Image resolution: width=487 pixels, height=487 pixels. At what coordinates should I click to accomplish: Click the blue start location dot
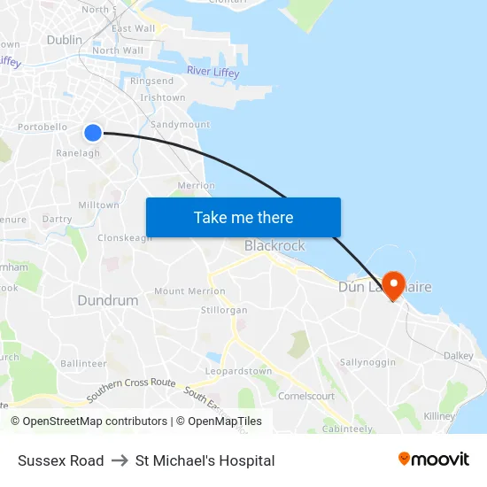click(93, 133)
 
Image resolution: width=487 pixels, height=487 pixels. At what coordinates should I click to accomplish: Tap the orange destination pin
click(393, 284)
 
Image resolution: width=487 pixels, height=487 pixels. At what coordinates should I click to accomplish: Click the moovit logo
click(433, 460)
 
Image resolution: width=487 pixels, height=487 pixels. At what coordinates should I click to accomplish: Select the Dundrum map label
click(108, 300)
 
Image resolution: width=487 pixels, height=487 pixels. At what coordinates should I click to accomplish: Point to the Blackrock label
click(274, 245)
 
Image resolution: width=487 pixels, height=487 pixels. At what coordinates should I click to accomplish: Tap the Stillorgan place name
click(224, 310)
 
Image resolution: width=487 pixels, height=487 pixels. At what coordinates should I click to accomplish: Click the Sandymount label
click(181, 125)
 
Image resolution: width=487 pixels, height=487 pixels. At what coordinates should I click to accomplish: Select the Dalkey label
click(459, 355)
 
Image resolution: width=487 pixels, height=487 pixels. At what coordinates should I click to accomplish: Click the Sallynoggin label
click(367, 362)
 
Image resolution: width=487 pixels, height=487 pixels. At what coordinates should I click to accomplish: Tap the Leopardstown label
click(239, 371)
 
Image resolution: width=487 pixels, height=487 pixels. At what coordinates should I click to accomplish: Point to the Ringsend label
click(152, 81)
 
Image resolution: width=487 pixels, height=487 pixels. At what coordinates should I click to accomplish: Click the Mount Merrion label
click(183, 290)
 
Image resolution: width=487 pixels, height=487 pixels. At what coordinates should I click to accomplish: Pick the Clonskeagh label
click(125, 237)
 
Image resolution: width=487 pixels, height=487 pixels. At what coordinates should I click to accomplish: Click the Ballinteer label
click(83, 363)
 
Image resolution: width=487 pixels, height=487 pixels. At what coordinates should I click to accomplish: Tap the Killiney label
click(439, 416)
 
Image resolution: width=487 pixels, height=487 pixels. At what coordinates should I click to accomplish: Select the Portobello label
click(43, 127)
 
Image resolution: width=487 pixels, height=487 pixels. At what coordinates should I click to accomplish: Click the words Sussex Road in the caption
click(60, 460)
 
